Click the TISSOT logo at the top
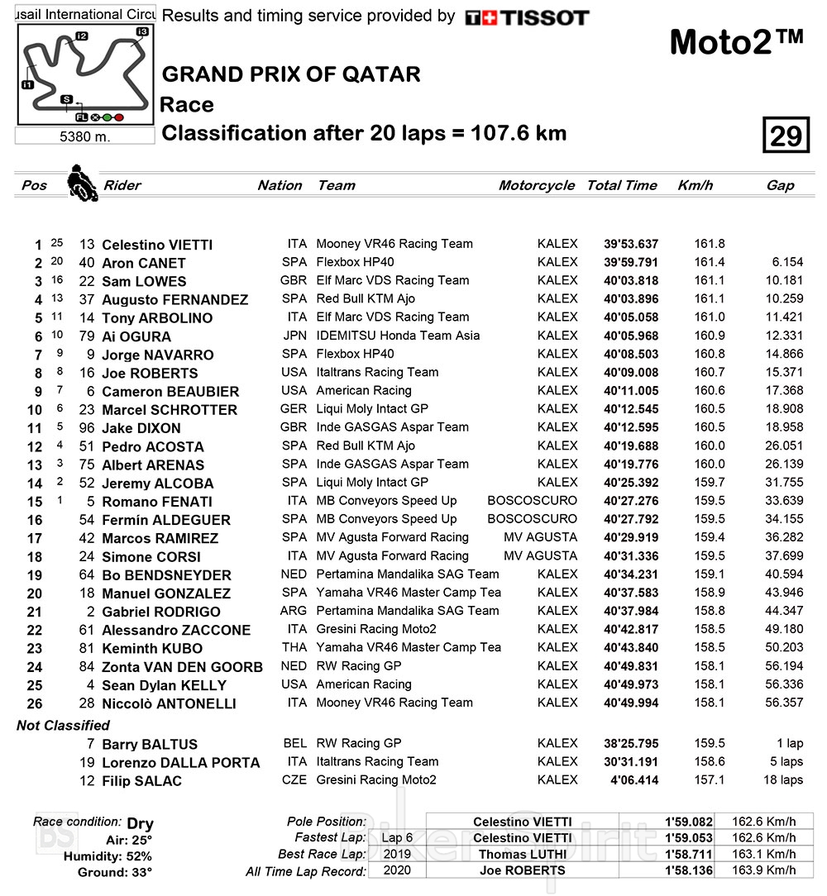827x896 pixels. tap(527, 17)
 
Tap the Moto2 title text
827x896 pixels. tap(735, 43)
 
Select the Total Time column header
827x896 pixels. tap(622, 185)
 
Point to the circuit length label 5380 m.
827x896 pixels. tap(84, 136)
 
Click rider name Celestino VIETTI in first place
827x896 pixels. tap(156, 245)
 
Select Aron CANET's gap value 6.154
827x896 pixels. tap(785, 263)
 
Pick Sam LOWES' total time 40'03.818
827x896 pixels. tap(631, 281)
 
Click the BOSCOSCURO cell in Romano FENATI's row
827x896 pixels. tap(532, 501)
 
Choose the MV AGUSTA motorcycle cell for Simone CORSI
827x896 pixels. tap(540, 556)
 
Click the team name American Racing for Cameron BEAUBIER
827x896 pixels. tap(364, 391)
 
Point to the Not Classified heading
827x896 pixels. tap(63, 726)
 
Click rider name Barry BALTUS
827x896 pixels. tap(150, 745)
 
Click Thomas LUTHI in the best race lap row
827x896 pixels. tap(522, 855)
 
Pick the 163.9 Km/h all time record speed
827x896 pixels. tap(764, 870)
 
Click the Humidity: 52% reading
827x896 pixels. tap(108, 856)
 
